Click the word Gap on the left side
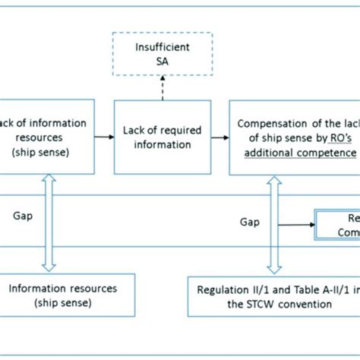(22, 216)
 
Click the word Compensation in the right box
(272, 124)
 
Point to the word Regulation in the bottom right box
(220, 289)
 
